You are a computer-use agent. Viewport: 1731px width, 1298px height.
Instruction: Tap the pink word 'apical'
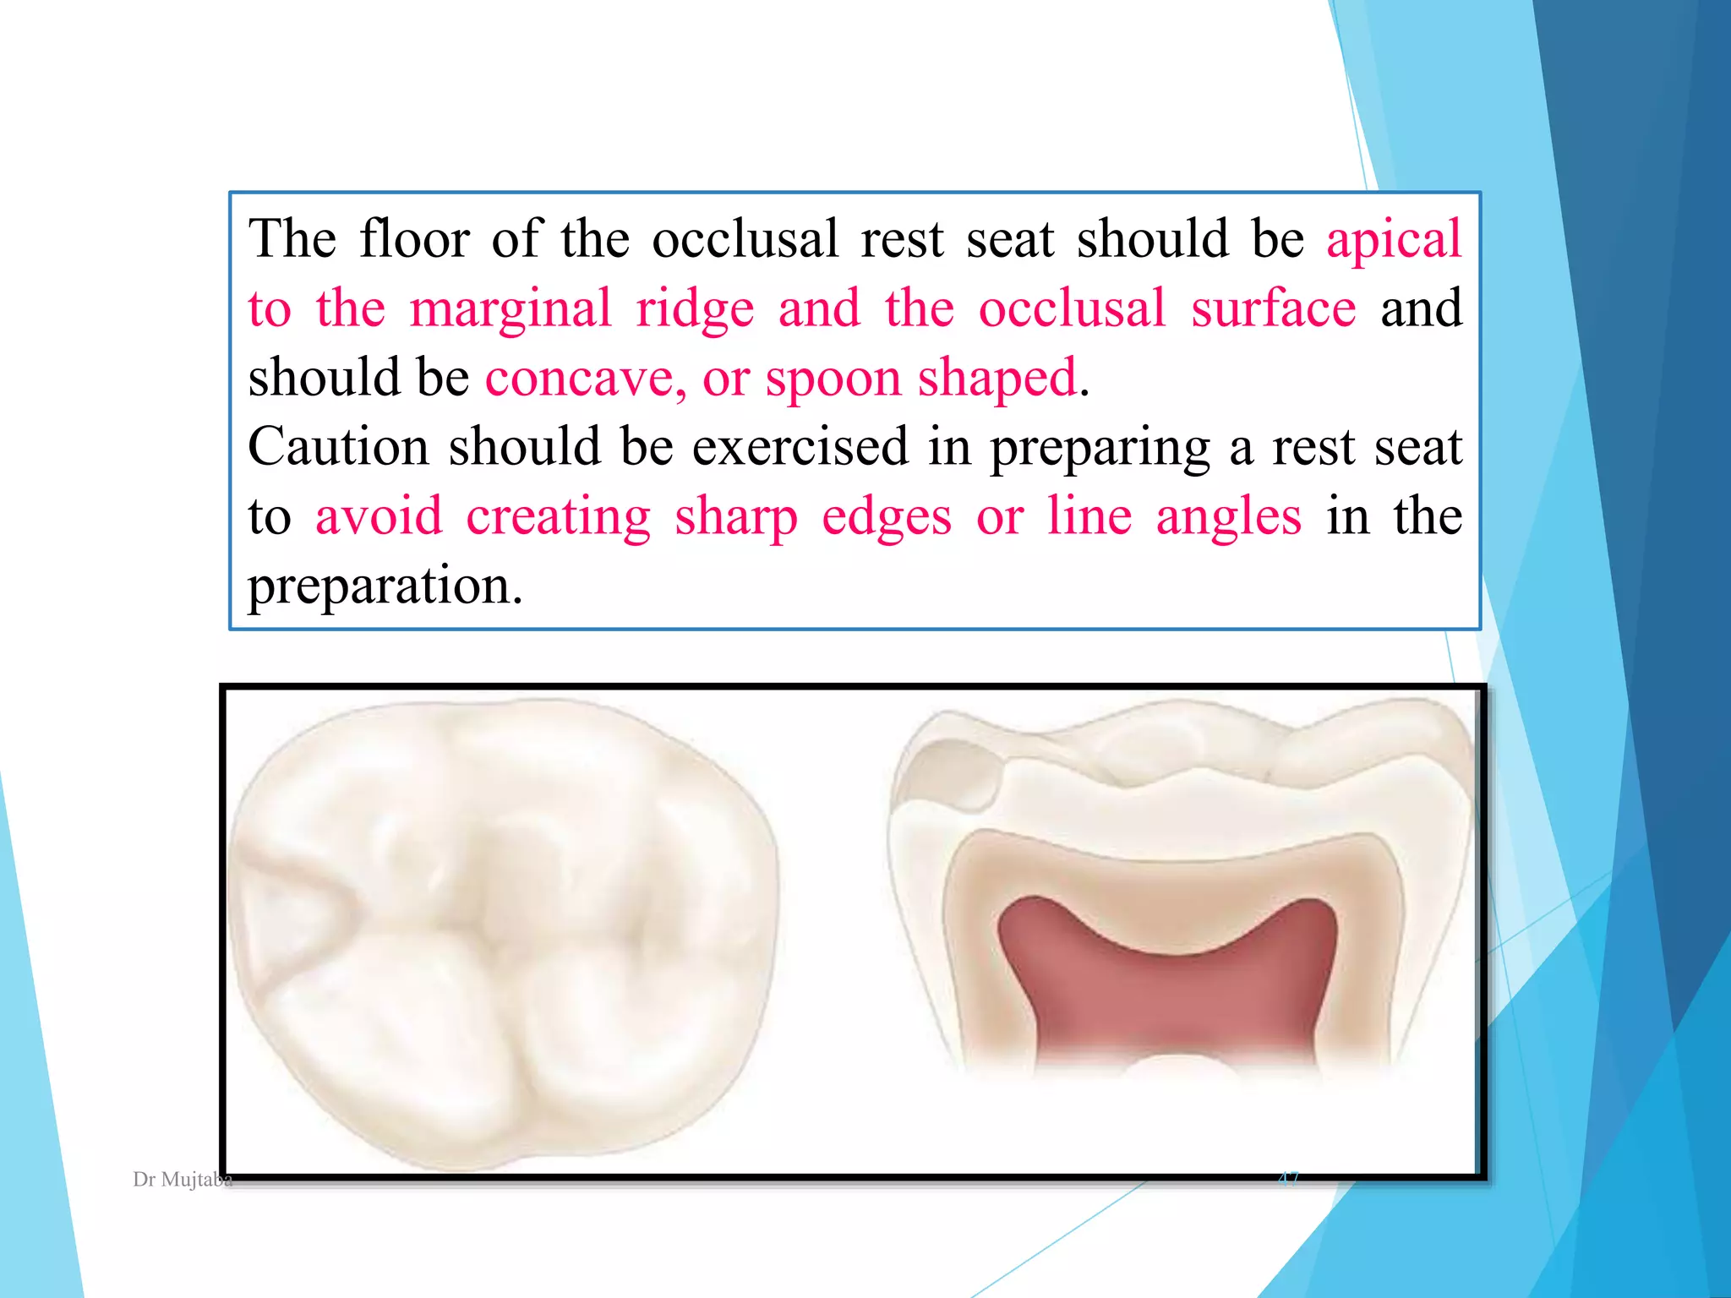click(x=1394, y=240)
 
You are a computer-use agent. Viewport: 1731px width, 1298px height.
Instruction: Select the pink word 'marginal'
click(x=511, y=309)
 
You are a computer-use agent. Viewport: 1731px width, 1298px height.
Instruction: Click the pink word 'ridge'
click(x=695, y=309)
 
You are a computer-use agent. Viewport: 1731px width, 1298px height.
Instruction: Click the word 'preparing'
click(x=1100, y=448)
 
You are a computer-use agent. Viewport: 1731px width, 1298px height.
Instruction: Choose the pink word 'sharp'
click(x=735, y=517)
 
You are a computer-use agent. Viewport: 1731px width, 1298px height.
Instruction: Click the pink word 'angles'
click(x=1228, y=517)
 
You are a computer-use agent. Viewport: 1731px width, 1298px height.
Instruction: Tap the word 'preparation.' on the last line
click(x=385, y=586)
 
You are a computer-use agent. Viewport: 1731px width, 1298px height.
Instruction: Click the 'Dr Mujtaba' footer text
click(x=183, y=1180)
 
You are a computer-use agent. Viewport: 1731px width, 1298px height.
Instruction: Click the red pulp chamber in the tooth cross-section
click(x=1166, y=989)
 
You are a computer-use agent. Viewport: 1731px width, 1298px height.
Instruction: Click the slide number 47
click(x=1288, y=1178)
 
